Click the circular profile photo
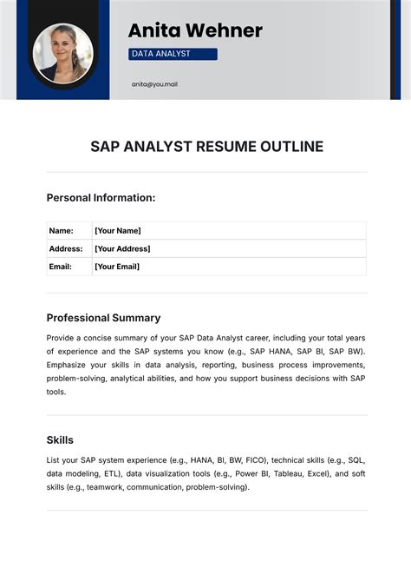tap(62, 53)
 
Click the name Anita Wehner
tap(195, 31)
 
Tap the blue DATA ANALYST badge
tap(173, 54)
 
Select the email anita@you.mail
tap(154, 84)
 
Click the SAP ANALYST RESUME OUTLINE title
tap(206, 146)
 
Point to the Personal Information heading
tap(101, 198)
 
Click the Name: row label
tap(61, 231)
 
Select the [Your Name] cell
tap(117, 231)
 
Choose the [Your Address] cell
tap(122, 248)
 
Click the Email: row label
tap(61, 267)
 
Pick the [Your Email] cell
tap(117, 267)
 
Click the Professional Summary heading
tap(103, 318)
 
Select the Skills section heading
tap(60, 440)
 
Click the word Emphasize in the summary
tap(68, 365)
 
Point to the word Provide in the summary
tap(62, 337)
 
